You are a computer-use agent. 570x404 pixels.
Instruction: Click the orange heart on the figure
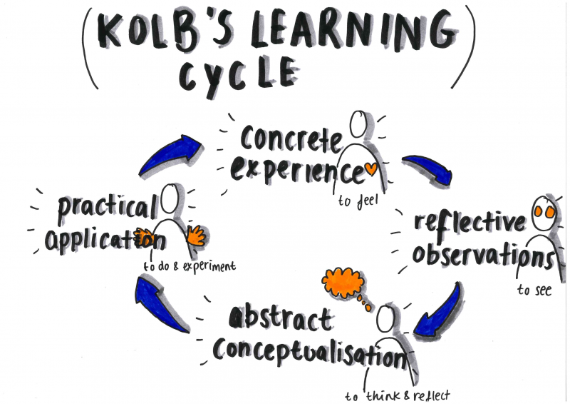click(x=370, y=170)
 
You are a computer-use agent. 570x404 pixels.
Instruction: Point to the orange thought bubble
click(x=344, y=283)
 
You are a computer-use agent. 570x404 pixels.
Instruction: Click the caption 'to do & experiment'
click(x=189, y=266)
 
